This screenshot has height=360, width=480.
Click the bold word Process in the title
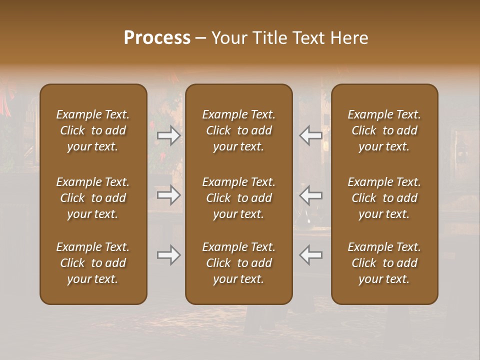pyautogui.click(x=157, y=38)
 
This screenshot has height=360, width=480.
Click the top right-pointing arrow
pyautogui.click(x=169, y=135)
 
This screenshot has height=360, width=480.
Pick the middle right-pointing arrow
pyautogui.click(x=169, y=195)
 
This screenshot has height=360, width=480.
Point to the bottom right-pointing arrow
pyautogui.click(x=169, y=255)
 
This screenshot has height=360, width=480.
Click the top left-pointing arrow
pyautogui.click(x=310, y=135)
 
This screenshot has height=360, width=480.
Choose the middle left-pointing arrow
pyautogui.click(x=310, y=195)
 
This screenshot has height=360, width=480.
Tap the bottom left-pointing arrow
pyautogui.click(x=310, y=255)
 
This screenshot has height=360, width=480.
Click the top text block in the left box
pyautogui.click(x=93, y=130)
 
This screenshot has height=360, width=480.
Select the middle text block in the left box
pyautogui.click(x=93, y=198)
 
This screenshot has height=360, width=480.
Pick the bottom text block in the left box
pyautogui.click(x=93, y=263)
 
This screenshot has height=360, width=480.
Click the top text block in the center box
pyautogui.click(x=239, y=130)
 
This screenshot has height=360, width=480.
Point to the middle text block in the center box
pyautogui.click(x=239, y=198)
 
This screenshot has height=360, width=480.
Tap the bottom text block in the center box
pyautogui.click(x=239, y=263)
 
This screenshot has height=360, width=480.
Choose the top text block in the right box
pyautogui.click(x=384, y=130)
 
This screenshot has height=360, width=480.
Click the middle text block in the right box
pyautogui.click(x=384, y=198)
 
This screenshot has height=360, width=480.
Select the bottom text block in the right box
pyautogui.click(x=384, y=263)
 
